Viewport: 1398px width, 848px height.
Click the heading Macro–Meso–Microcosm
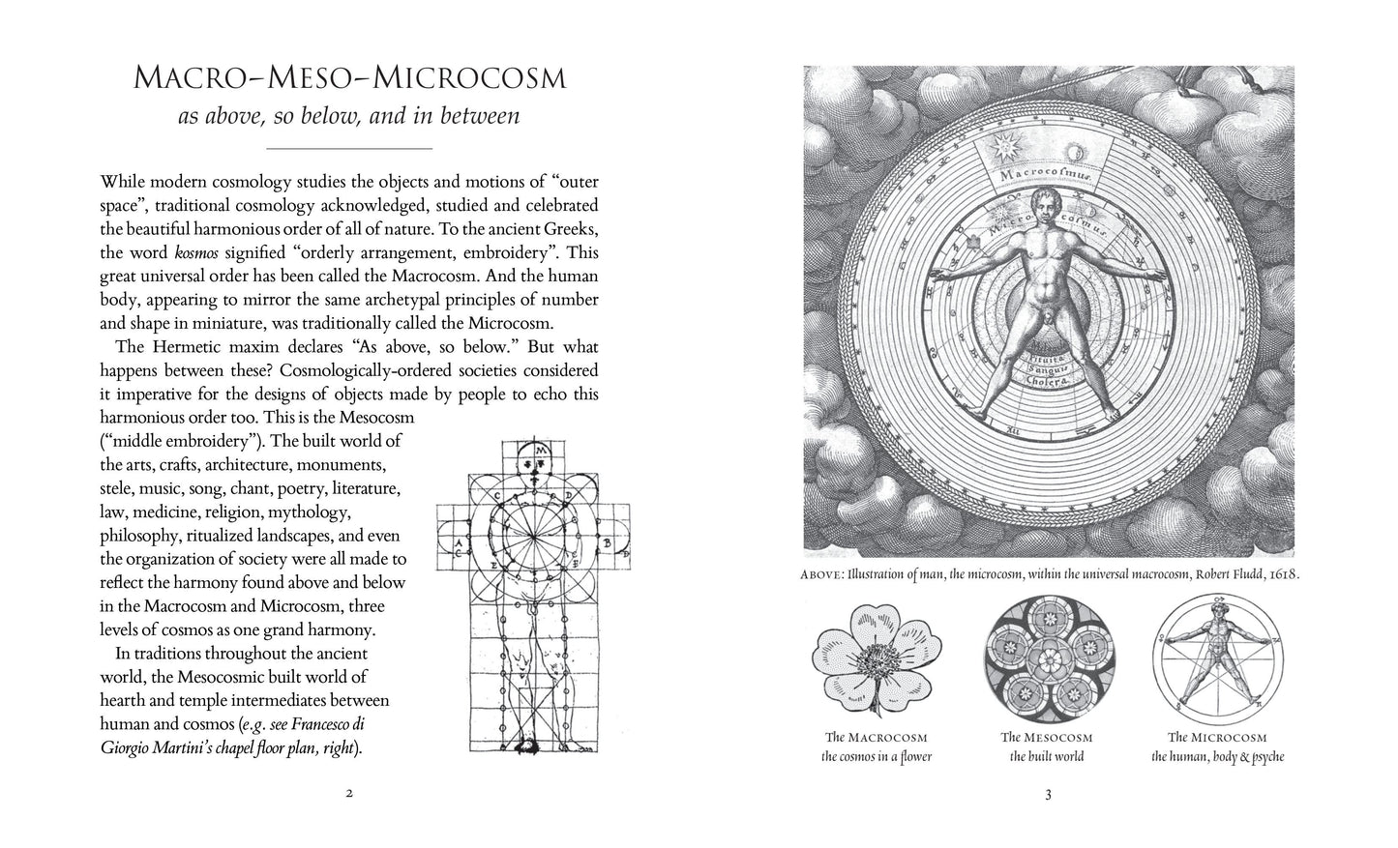(x=348, y=77)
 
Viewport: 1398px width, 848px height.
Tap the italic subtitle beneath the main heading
(x=348, y=116)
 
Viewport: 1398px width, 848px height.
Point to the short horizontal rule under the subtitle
(x=348, y=149)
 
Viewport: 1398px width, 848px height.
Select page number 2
(x=348, y=795)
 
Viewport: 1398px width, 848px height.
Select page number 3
(x=1048, y=796)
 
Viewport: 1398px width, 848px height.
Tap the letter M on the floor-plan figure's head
(x=542, y=452)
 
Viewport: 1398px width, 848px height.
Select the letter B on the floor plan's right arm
(x=607, y=542)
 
